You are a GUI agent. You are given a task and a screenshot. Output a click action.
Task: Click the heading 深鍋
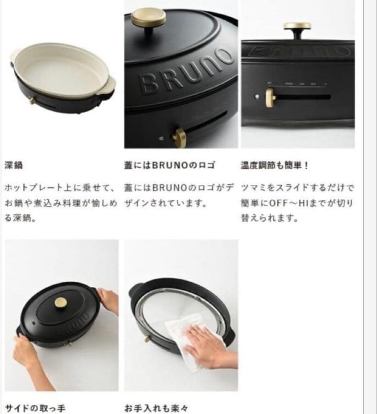[x=13, y=166]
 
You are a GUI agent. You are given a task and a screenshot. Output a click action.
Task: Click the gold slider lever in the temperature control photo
[x=270, y=97]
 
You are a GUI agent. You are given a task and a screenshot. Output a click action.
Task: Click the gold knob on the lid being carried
[x=61, y=302]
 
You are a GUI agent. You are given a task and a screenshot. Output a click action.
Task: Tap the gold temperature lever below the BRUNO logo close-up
[x=179, y=137]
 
